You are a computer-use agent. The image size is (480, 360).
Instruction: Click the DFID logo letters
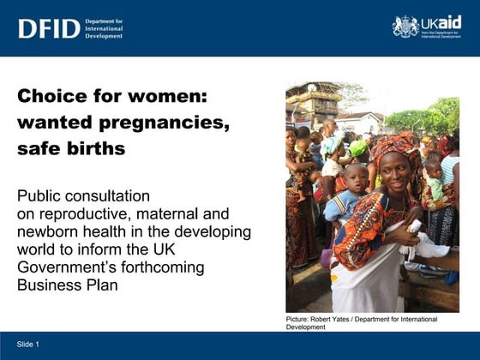tap(49, 28)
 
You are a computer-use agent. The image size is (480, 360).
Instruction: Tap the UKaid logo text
tap(441, 22)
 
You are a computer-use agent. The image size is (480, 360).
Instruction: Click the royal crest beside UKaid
tap(405, 27)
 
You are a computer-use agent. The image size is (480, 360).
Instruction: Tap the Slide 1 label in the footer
tap(28, 344)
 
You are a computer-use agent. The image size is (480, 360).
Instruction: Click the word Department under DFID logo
tap(105, 20)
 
